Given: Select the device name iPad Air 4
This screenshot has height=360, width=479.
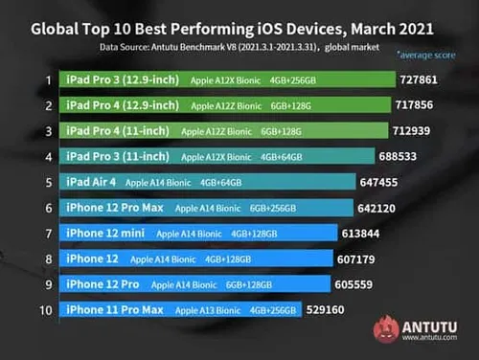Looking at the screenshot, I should pos(93,182).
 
